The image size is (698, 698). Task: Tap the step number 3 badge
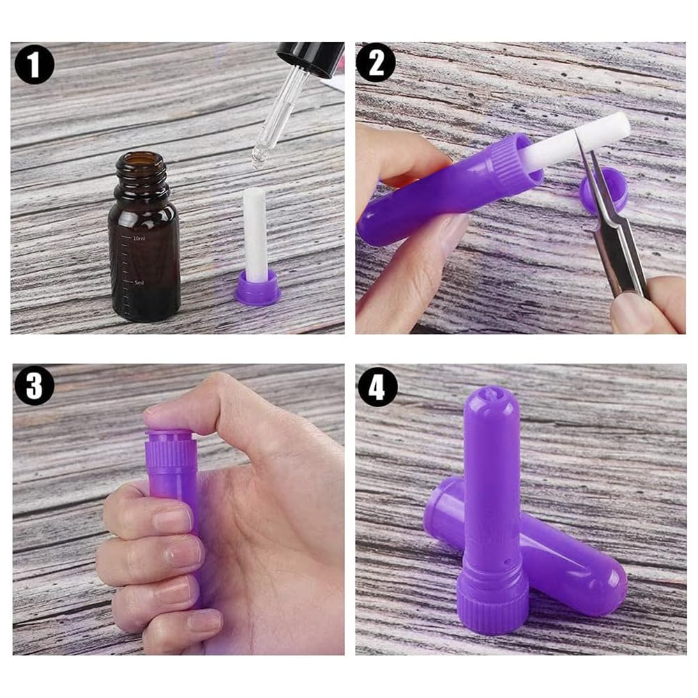click(x=34, y=385)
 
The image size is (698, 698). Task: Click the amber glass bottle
click(x=144, y=258)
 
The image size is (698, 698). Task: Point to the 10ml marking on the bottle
click(x=139, y=238)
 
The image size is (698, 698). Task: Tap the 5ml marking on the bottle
click(x=139, y=283)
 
